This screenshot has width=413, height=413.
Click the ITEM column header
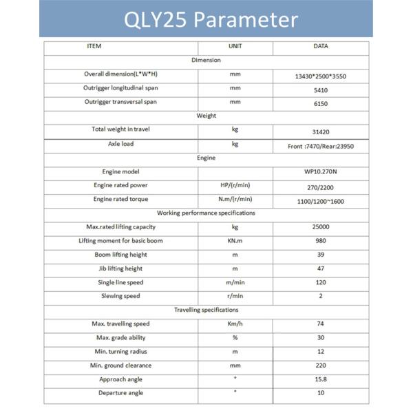(x=94, y=47)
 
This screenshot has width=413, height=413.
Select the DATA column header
(x=320, y=47)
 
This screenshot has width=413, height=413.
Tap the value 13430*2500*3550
(x=320, y=76)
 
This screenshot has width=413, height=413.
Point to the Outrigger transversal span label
(x=121, y=102)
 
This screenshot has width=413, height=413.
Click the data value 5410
(x=320, y=89)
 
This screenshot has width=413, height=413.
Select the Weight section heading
(x=206, y=116)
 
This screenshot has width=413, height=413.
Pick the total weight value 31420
(x=320, y=131)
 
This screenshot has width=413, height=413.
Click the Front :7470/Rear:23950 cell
(x=320, y=147)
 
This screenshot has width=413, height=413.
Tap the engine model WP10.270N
(x=320, y=172)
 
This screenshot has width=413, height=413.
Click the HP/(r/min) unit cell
(x=235, y=185)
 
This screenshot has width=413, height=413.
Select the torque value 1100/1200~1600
(x=320, y=200)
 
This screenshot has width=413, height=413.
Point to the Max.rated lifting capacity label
(x=121, y=226)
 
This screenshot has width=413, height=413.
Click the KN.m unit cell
(x=235, y=241)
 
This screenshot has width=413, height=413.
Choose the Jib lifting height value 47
(x=320, y=268)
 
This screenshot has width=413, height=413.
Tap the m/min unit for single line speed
(x=235, y=282)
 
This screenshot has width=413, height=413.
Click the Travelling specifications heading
(x=206, y=310)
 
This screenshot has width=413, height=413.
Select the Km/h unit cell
(x=235, y=324)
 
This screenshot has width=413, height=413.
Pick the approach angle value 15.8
(x=320, y=379)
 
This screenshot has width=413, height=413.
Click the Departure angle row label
(x=121, y=393)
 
